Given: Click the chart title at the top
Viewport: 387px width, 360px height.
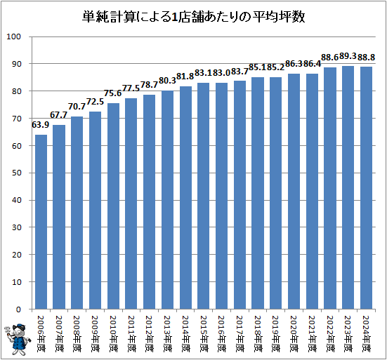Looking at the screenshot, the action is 194,17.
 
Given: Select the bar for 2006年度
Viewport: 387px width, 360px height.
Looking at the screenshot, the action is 41,222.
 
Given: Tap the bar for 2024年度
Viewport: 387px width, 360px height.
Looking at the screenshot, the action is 366,188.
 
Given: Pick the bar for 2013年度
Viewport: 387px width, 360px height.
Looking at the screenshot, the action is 168,200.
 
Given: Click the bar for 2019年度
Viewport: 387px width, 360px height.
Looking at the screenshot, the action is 276,193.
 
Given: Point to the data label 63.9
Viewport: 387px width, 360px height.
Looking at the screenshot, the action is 41,125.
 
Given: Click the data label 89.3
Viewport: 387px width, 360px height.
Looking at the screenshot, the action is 348,56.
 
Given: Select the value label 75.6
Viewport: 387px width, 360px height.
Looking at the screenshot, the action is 113,93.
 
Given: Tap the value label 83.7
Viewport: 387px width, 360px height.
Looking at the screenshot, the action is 240,72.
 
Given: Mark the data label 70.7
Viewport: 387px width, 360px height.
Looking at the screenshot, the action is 77,107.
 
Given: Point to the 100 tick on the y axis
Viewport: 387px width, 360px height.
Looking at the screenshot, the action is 13,36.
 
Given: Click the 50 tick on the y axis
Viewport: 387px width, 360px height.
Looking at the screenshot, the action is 16,173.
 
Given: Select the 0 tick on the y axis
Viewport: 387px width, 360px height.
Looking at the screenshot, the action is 18,309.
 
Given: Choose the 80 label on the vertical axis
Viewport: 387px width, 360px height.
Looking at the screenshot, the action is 16,91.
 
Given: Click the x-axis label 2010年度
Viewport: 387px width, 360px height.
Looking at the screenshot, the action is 113,333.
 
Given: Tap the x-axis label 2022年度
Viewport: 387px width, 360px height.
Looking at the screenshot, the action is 330,333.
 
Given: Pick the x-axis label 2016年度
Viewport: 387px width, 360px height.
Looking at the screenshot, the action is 222,333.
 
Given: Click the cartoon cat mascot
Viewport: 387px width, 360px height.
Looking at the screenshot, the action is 18,339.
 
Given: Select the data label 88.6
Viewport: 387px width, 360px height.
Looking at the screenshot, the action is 329,58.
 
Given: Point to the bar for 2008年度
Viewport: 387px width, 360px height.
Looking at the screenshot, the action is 77,213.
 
